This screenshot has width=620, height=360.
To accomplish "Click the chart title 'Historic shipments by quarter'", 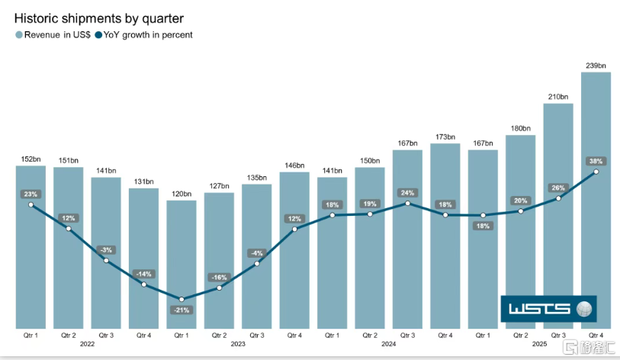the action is pos(99,18).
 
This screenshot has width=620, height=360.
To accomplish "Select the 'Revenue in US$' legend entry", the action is pos(53,35).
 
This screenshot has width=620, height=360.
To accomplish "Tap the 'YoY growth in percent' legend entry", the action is pos(143,35).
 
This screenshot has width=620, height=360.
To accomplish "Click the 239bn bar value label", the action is pos(596,66).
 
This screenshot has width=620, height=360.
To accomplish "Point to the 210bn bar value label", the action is pos(558,97).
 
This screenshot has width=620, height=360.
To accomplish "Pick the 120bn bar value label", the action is pos(182,194).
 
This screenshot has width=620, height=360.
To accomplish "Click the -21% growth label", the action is pos(182,310).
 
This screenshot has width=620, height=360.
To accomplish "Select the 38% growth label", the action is pos(596,161).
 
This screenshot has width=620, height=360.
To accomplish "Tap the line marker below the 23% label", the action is pos(31,205).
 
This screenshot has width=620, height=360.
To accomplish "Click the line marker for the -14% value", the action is pos(144,284).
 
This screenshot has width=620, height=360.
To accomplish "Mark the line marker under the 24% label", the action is pos(408,204).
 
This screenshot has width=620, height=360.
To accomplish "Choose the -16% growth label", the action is pos(219,278).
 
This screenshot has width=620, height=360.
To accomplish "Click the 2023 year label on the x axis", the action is pos(238,344).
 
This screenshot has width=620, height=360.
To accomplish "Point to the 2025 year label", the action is pos(539,344).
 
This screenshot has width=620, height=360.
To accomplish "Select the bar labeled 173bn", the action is pos(445,236).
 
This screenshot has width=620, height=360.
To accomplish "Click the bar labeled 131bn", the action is pos(144,259).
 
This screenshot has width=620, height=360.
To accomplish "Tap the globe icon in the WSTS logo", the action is pos(584,309).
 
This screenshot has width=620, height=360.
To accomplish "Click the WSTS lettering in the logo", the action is pos(539,309).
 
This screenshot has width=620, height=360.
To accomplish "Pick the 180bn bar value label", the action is pos(520,129).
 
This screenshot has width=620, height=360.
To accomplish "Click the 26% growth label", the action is pos(558,188).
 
